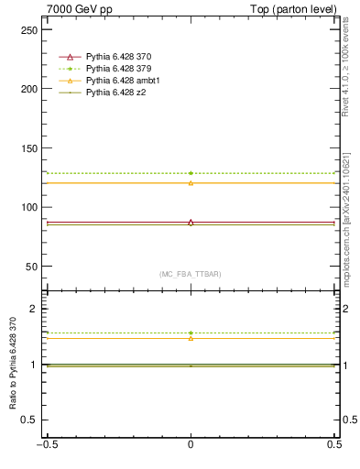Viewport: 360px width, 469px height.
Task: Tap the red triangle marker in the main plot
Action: pyautogui.click(x=191, y=223)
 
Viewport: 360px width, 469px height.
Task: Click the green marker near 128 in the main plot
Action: pyautogui.click(x=191, y=173)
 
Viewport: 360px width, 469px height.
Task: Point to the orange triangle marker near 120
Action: pyautogui.click(x=191, y=183)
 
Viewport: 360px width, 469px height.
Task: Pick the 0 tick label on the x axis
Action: pyautogui.click(x=191, y=445)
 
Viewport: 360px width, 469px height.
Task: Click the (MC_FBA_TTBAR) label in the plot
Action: pyautogui.click(x=191, y=274)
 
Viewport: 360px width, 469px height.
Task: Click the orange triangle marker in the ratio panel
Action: pyautogui.click(x=191, y=338)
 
